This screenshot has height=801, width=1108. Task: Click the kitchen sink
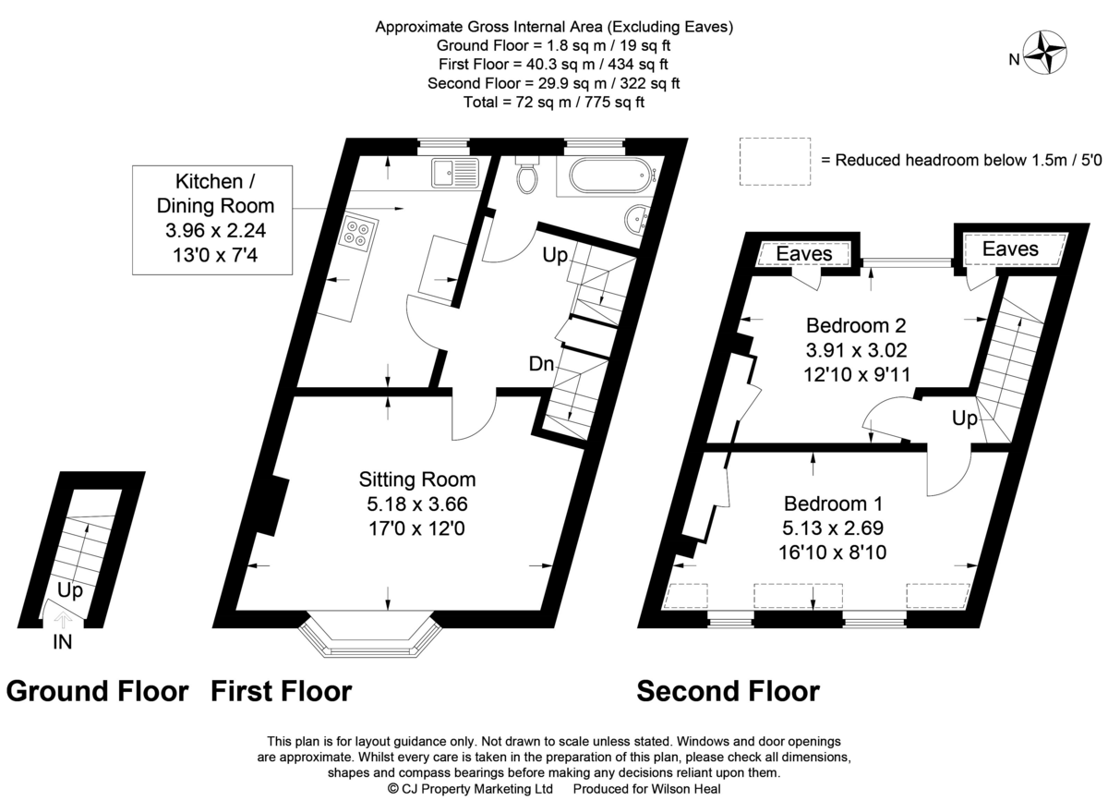point(455,174)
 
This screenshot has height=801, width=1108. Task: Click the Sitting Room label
point(417,479)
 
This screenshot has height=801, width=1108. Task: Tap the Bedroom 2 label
point(856,325)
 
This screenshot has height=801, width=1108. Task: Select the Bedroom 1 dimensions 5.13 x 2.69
point(833,528)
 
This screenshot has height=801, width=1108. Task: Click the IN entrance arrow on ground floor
point(63,620)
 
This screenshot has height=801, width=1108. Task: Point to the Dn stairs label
point(542,364)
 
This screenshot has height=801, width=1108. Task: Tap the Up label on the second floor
point(965,419)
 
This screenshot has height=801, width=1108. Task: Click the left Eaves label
point(804,253)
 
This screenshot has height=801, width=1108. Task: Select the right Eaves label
point(1010,249)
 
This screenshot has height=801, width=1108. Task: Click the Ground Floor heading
point(98,691)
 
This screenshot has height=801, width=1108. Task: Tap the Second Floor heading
point(729,691)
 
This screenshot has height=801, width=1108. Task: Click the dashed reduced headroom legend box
point(775,162)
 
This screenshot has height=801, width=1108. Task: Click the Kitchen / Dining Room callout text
point(215,218)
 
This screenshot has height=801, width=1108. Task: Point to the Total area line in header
point(554,102)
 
